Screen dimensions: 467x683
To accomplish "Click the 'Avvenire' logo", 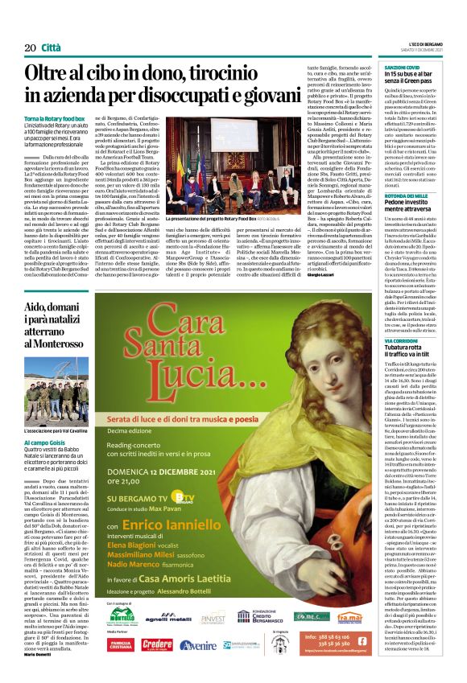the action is (x=198, y=644).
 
